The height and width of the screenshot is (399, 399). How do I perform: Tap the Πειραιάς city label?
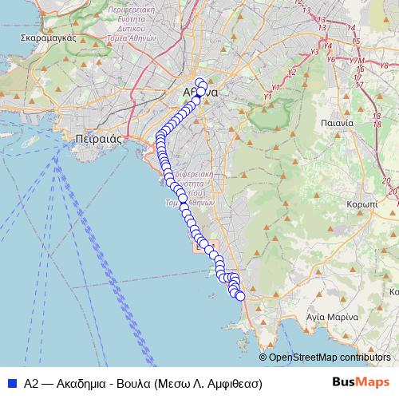(96, 138)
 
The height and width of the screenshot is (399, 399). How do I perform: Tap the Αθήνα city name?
(199, 93)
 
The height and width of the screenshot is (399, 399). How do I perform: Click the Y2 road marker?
(291, 73)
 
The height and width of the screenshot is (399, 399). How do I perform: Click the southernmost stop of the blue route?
(240, 298)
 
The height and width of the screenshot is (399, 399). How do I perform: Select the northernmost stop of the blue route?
(200, 81)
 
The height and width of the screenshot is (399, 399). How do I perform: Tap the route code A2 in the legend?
(32, 383)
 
